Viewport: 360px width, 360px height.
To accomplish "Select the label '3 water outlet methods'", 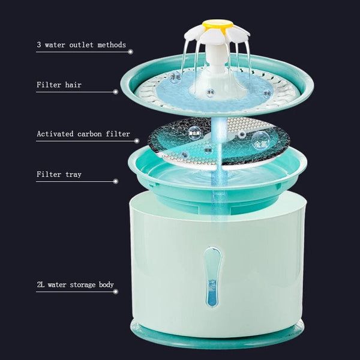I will [x=81, y=45].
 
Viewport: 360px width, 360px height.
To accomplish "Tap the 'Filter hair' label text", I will [x=59, y=85].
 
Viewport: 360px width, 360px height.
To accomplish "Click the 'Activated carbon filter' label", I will [x=83, y=134].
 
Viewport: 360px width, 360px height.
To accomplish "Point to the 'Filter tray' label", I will [x=59, y=175].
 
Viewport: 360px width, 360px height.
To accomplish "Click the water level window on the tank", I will [x=212, y=277].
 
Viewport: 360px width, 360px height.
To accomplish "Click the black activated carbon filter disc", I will [x=180, y=135].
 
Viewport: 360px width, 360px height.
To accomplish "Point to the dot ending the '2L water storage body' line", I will [x=130, y=292].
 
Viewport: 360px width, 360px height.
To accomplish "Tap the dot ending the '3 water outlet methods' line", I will [x=131, y=52].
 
